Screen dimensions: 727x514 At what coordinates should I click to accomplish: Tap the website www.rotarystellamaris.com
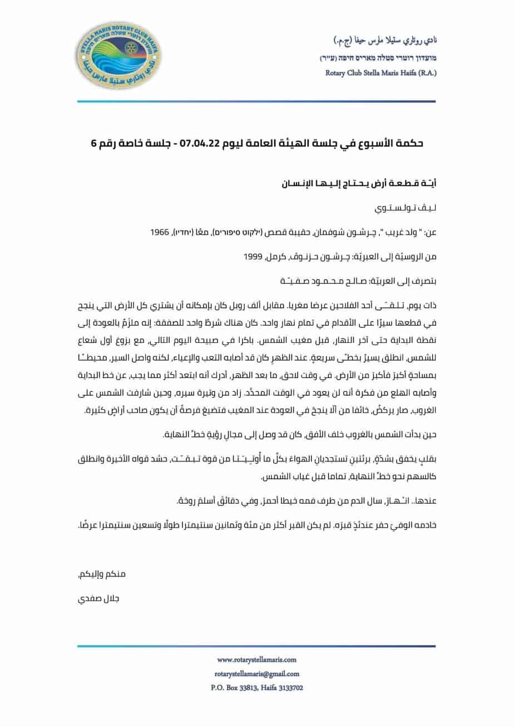(256, 660)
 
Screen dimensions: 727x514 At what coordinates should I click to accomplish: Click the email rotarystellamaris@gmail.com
(256, 674)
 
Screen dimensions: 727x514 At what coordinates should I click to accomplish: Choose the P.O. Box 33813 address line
(256, 687)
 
